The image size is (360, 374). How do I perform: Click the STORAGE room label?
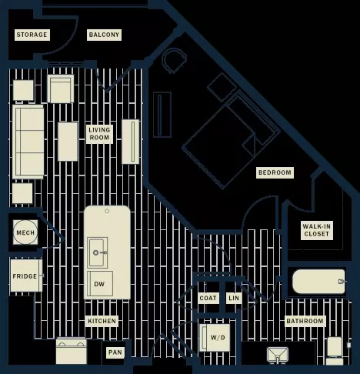(32, 35)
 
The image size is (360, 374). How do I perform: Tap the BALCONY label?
(104, 35)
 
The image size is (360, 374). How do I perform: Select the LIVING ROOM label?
(99, 134)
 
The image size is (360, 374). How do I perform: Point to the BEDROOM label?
(275, 172)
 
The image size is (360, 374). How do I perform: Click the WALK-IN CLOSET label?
(317, 230)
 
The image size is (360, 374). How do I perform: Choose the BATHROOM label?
(305, 321)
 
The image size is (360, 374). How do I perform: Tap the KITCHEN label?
(102, 321)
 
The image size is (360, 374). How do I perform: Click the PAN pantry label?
(115, 352)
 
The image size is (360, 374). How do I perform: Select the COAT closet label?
(208, 298)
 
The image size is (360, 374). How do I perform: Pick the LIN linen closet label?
(234, 298)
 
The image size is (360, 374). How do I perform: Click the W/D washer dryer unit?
(215, 338)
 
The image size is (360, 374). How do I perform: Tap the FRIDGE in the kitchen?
(26, 275)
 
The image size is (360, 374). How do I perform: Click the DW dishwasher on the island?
(100, 283)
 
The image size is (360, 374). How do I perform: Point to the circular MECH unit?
(25, 232)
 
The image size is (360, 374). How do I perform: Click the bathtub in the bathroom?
(319, 282)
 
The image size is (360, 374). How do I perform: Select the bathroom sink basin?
(278, 355)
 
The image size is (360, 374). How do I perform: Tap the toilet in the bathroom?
(335, 351)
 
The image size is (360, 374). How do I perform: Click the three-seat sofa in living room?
(28, 142)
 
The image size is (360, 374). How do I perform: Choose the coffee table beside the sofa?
(68, 142)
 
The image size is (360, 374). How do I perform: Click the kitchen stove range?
(72, 351)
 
